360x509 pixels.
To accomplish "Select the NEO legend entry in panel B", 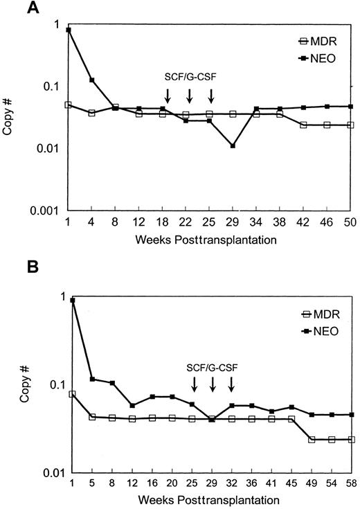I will click(320, 331).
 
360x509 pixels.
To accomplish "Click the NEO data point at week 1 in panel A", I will click(68, 30).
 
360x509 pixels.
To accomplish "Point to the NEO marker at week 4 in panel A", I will click(92, 80).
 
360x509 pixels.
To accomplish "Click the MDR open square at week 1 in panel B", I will click(72, 394).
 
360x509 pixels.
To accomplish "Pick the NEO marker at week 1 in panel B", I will click(72, 300).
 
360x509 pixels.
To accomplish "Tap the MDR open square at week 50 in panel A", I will click(351, 125).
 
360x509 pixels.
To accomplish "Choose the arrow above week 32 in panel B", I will click(232, 383).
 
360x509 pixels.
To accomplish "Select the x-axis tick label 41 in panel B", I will click(272, 482).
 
